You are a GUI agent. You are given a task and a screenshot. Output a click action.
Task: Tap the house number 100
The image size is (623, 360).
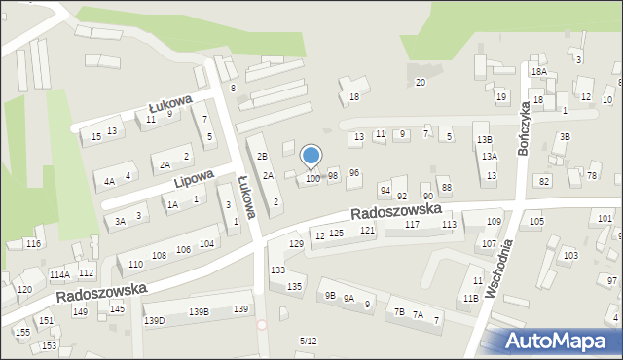pyautogui.click(x=312, y=179)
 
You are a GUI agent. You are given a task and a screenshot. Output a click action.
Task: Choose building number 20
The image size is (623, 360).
pyautogui.click(x=421, y=83)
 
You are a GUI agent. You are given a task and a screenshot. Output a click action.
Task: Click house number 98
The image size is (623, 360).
pyautogui.click(x=333, y=176)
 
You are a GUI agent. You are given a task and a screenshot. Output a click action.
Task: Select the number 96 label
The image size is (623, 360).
pyautogui.click(x=354, y=172)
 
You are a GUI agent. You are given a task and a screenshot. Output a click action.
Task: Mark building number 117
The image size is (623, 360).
pyautogui.click(x=412, y=225)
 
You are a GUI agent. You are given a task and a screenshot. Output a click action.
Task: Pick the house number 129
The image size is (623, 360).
pyautogui.click(x=297, y=243)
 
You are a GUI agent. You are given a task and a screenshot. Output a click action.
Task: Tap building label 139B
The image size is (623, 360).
pyautogui.click(x=199, y=311)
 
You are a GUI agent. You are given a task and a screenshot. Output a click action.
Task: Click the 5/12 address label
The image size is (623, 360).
pyautogui.click(x=308, y=341)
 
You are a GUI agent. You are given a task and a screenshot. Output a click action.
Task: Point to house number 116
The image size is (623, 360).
pyautogui.click(x=34, y=243)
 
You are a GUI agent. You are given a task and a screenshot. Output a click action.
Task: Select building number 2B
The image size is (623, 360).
pyautogui.click(x=261, y=156)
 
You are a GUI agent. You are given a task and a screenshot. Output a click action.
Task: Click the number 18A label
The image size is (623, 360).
pyautogui.click(x=538, y=72)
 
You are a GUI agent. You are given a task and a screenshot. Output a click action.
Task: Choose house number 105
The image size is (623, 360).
pyautogui.click(x=536, y=222)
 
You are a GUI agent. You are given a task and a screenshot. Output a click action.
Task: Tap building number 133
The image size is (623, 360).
pyautogui.click(x=277, y=270)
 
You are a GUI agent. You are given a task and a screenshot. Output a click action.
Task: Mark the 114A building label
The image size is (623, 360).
pyautogui.click(x=58, y=276)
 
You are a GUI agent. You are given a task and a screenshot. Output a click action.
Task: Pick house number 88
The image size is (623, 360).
pyautogui.click(x=446, y=187)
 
